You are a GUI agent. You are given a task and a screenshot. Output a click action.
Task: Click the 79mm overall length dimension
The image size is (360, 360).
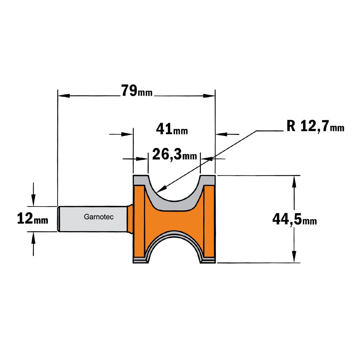(137, 91)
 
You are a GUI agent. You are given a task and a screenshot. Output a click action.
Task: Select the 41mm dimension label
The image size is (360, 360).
(172, 129)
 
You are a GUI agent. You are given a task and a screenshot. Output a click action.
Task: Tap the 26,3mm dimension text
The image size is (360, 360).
(175, 154)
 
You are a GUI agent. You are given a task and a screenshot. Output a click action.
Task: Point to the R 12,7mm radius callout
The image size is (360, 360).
(315, 126)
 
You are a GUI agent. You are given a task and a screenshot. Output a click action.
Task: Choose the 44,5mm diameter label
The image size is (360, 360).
(294, 219)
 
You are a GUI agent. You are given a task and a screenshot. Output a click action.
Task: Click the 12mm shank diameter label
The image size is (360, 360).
(33, 219)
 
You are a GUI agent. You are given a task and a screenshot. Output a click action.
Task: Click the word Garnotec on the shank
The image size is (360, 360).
(99, 217)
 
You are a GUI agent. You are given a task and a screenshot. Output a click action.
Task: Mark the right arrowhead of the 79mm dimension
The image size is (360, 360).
(209, 96)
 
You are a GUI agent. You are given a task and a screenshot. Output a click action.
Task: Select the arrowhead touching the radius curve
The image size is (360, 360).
(161, 189)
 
